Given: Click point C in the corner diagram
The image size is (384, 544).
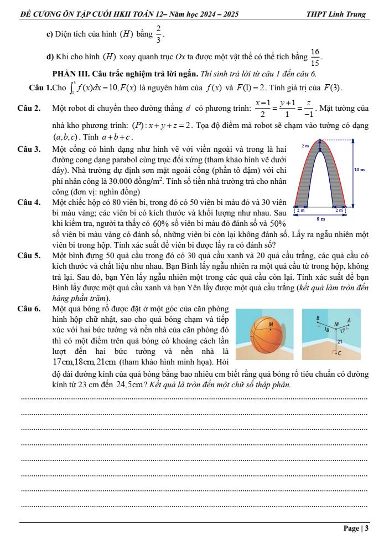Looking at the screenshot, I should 339,352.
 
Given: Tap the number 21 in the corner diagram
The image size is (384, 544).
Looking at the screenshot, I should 339,342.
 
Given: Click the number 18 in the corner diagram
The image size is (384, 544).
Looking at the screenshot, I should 326,328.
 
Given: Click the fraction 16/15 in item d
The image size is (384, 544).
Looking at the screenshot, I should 315,57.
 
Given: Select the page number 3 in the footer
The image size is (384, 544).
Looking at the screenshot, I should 366,528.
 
